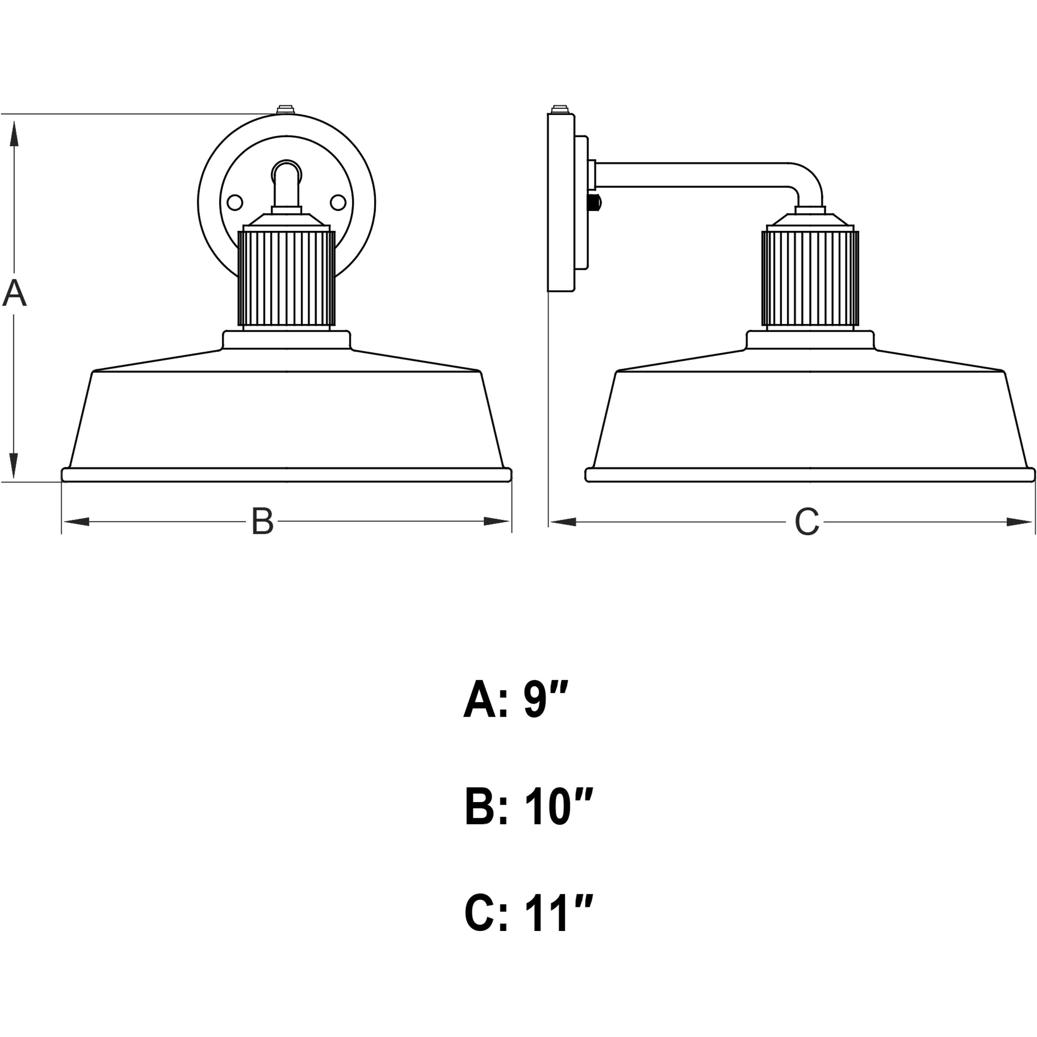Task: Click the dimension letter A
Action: [14, 293]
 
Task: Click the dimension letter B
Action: [263, 521]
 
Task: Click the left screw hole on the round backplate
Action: [234, 203]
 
